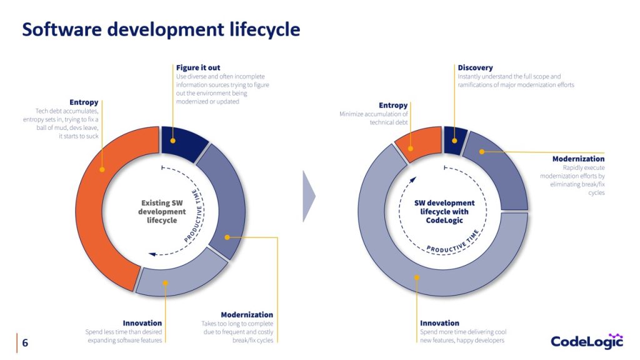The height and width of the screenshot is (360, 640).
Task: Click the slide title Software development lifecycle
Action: click(161, 29)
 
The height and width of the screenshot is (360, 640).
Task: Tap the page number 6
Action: click(25, 342)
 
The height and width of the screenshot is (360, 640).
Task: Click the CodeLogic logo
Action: click(587, 341)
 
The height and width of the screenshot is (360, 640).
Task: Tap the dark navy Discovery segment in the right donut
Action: click(455, 140)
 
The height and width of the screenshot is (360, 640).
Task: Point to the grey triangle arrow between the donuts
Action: click(309, 196)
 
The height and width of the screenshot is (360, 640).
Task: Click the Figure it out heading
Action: click(198, 67)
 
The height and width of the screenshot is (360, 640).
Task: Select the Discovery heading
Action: click(475, 67)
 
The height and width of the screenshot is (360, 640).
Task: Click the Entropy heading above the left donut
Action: click(84, 102)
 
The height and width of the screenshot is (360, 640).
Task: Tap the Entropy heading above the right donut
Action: click(393, 105)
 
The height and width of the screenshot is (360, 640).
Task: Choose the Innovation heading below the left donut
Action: click(142, 323)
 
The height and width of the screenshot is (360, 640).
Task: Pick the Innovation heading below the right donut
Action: click(439, 323)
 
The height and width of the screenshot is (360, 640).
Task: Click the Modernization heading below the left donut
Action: click(247, 315)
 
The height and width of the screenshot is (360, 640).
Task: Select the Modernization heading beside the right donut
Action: click(578, 159)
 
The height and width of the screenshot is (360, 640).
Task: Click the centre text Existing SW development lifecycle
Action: click(162, 211)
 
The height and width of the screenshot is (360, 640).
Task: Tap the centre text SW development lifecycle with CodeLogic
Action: click(444, 211)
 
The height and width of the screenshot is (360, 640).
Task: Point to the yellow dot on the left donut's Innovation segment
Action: click(165, 283)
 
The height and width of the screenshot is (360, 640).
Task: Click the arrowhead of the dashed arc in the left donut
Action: click(152, 254)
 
